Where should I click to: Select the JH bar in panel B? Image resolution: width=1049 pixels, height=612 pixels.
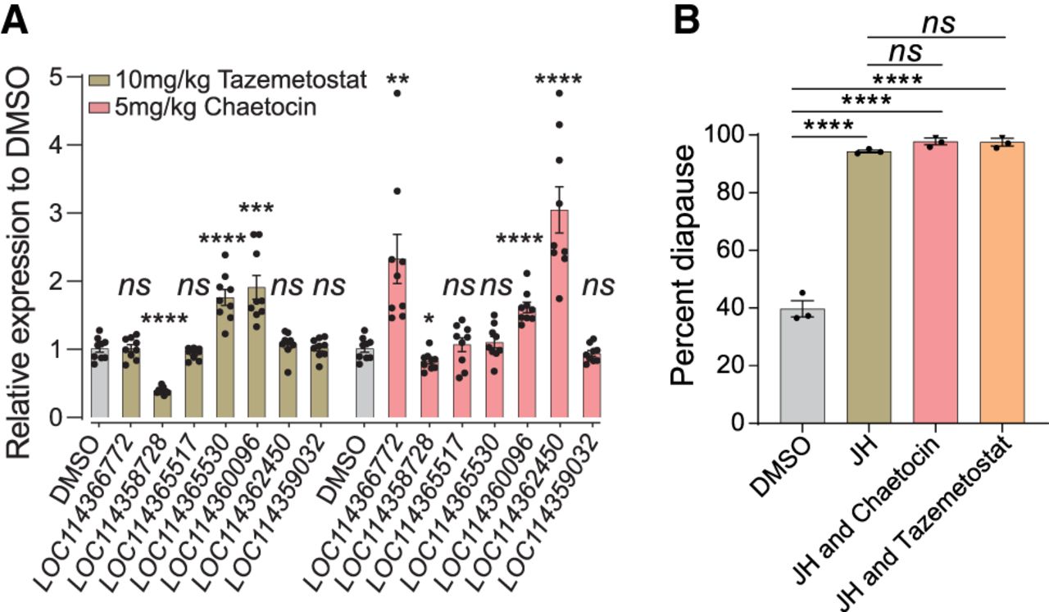[x=869, y=288]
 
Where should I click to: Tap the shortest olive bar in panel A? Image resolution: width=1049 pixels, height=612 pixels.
[x=162, y=405]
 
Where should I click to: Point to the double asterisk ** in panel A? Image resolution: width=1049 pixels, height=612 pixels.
[x=398, y=80]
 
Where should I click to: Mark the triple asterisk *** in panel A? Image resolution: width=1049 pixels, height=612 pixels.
[x=257, y=208]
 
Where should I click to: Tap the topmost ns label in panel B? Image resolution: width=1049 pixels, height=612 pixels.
[x=938, y=23]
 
